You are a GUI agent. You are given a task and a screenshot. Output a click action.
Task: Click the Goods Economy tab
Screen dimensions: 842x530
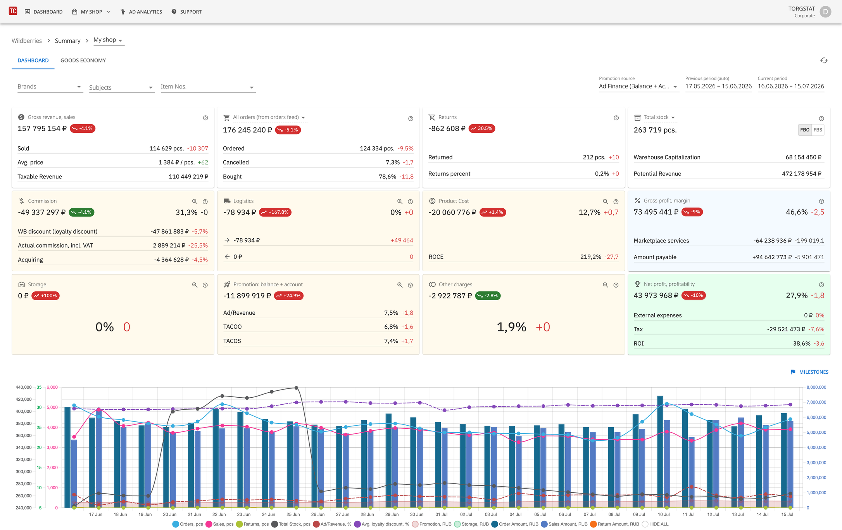click(83, 61)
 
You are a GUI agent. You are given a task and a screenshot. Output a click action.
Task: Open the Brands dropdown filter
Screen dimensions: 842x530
click(50, 87)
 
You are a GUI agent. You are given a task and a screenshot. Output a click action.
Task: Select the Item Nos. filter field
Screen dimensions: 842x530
click(208, 87)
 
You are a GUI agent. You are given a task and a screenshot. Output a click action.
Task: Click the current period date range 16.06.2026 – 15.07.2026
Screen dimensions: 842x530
click(791, 86)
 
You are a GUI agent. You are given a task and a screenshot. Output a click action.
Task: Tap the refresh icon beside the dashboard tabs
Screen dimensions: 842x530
click(824, 61)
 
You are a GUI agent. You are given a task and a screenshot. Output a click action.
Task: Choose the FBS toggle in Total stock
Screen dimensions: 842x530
click(818, 130)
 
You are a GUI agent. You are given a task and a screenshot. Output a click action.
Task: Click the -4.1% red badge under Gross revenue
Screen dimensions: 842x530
click(83, 128)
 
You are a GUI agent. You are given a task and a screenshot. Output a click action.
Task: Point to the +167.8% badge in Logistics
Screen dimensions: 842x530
click(275, 212)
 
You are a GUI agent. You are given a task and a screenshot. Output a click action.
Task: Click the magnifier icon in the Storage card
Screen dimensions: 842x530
click(195, 285)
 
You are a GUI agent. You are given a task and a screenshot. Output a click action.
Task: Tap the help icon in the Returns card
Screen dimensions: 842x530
click(616, 118)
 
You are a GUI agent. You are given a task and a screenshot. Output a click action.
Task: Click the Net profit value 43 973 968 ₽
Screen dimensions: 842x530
click(656, 296)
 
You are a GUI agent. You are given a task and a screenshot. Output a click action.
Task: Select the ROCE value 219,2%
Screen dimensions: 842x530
click(590, 257)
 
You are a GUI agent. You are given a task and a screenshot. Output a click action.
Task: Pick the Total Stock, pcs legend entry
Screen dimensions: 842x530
click(291, 524)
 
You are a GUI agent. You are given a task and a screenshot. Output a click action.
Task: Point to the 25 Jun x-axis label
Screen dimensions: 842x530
click(293, 514)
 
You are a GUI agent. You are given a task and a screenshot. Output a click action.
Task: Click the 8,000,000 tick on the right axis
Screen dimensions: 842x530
click(816, 387)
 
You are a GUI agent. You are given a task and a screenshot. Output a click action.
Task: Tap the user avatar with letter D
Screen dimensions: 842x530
click(825, 12)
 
